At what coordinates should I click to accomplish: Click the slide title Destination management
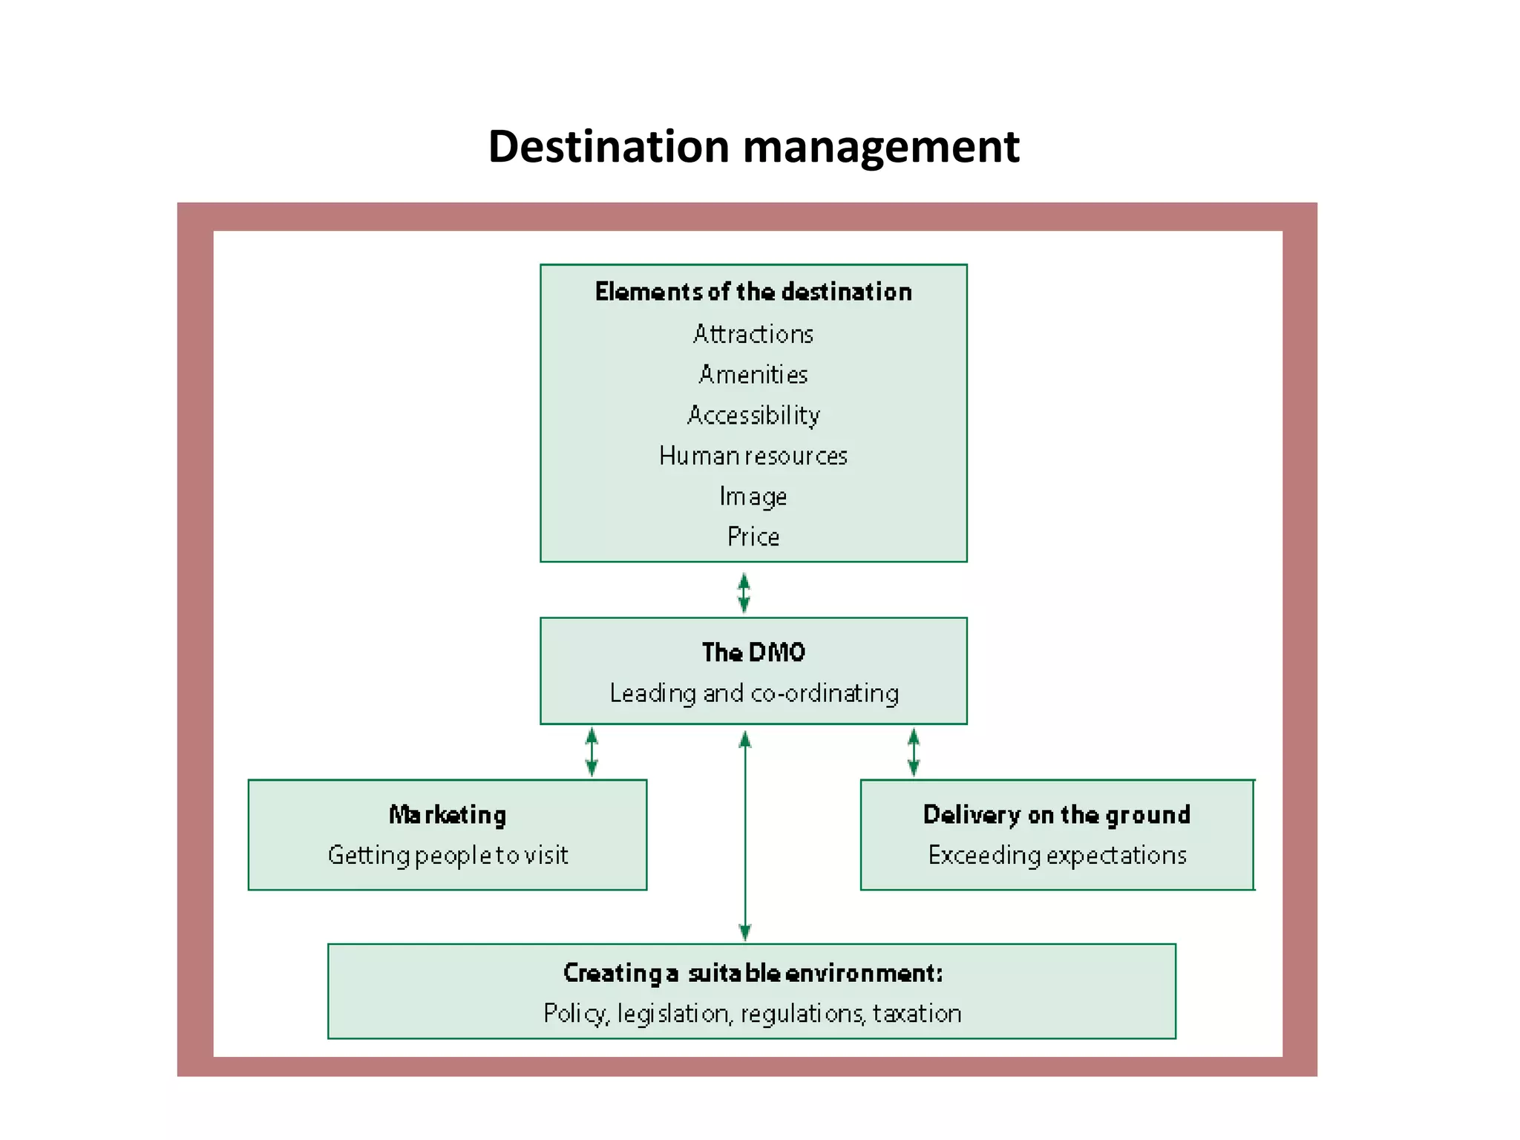pos(753,146)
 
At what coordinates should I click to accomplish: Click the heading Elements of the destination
pos(753,292)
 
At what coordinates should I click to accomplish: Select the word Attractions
pos(753,334)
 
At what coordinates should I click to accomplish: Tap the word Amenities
pos(753,374)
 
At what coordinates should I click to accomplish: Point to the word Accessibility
pos(753,415)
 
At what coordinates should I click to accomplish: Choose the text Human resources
pos(753,456)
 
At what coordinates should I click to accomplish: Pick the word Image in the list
pos(753,496)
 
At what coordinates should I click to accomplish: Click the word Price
pos(753,536)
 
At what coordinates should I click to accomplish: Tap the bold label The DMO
pos(753,652)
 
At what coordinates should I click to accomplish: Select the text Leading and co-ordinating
pos(753,693)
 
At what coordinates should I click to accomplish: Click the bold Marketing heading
pos(448,815)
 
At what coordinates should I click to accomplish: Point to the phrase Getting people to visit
pos(448,855)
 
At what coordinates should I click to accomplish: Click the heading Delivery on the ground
pos(1057,815)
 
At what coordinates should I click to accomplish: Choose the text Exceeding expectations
pos(1057,855)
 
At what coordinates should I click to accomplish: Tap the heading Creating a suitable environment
pos(753,972)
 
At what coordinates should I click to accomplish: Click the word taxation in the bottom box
pos(917,1013)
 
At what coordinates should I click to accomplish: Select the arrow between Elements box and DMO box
pos(744,592)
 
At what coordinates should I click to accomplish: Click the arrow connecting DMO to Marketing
pos(592,752)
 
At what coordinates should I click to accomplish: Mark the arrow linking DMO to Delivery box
pos(914,752)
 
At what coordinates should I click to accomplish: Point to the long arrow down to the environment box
pos(745,835)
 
